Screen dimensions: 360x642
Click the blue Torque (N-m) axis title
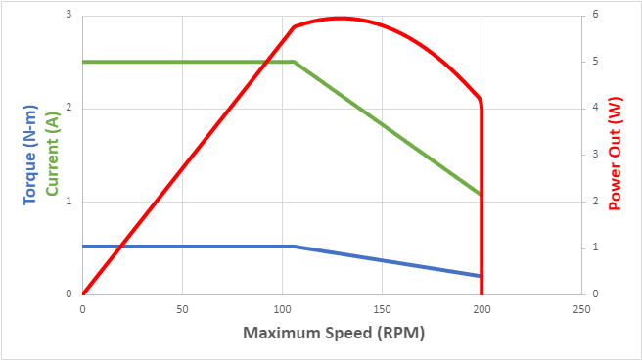tap(29, 153)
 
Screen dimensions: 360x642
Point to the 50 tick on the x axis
tap(182, 308)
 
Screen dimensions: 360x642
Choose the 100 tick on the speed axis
tap(282, 308)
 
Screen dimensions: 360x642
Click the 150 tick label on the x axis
tap(382, 308)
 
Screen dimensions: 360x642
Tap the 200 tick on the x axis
tap(481, 308)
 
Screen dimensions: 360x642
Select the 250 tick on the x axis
tap(581, 308)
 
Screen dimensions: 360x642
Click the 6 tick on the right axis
tap(594, 15)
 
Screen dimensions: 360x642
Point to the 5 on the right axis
tap(594, 62)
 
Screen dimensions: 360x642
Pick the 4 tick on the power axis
tap(594, 109)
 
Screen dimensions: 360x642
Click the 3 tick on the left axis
tap(69, 15)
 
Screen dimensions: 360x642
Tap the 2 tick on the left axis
tap(69, 109)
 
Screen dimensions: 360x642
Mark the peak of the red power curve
tap(340, 18)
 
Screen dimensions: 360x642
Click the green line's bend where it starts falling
tap(294, 62)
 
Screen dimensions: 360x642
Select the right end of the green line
tap(481, 194)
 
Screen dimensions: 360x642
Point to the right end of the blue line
tap(481, 276)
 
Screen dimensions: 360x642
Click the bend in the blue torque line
tap(294, 247)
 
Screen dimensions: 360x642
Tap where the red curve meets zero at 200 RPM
tap(481, 292)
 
